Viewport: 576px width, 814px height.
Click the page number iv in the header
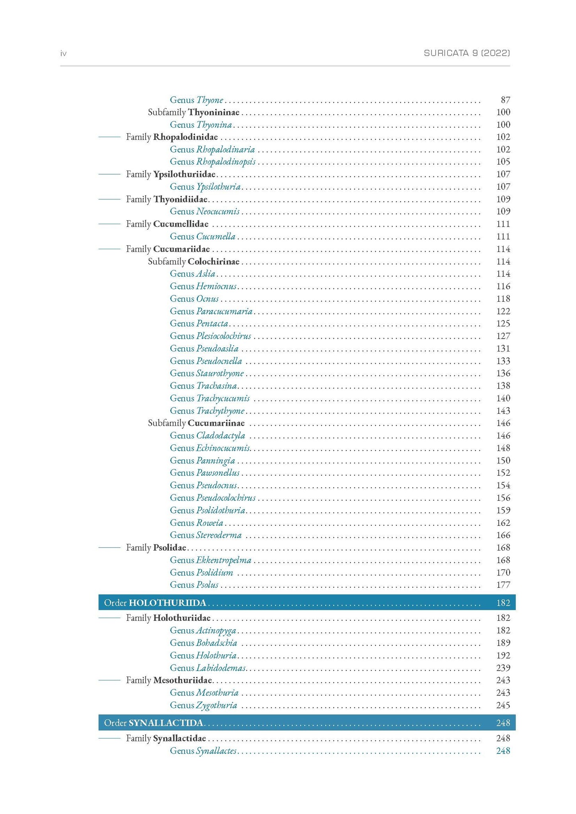tap(63, 53)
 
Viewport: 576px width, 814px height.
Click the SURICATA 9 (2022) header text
tap(467, 53)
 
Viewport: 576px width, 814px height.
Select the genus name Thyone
tap(210, 100)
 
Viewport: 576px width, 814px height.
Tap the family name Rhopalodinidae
tap(185, 137)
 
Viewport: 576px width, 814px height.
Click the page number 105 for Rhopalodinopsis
tap(503, 162)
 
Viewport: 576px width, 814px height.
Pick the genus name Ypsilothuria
tap(218, 187)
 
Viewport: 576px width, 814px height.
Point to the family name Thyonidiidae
tap(180, 199)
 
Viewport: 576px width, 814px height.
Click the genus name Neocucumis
tap(218, 211)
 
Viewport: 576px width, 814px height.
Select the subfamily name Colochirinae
tap(214, 262)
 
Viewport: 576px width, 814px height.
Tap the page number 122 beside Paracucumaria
tap(503, 311)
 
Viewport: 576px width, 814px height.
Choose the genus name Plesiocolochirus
tap(224, 336)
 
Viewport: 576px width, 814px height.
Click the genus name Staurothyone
tap(220, 374)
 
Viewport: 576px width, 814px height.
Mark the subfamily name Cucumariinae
tap(216, 423)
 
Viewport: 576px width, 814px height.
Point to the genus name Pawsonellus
tap(218, 473)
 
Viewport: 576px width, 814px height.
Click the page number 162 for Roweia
tap(503, 523)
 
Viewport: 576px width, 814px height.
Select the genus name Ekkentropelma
tap(224, 560)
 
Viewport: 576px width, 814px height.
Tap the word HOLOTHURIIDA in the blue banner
tap(167, 603)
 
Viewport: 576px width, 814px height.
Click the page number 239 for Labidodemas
tap(503, 668)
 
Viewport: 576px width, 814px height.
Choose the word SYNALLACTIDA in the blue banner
tap(166, 723)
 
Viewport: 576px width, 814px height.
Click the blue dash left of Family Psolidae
tap(109, 548)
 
